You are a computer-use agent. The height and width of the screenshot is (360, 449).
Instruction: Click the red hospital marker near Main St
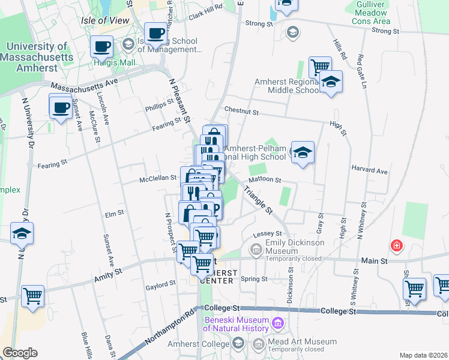396,245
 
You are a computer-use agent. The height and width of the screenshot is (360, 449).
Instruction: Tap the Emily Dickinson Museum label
295,242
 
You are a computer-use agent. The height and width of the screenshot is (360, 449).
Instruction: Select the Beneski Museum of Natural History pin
278,324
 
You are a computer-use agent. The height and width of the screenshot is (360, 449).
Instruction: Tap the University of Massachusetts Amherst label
37,58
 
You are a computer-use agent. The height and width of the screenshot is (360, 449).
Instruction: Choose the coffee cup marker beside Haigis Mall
101,46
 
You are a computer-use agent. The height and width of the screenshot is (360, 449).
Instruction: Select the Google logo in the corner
20,353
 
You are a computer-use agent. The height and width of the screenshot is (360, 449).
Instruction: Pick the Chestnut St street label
241,111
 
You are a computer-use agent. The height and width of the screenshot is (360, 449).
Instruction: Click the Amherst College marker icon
238,343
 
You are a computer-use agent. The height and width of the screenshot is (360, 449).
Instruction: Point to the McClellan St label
158,178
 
